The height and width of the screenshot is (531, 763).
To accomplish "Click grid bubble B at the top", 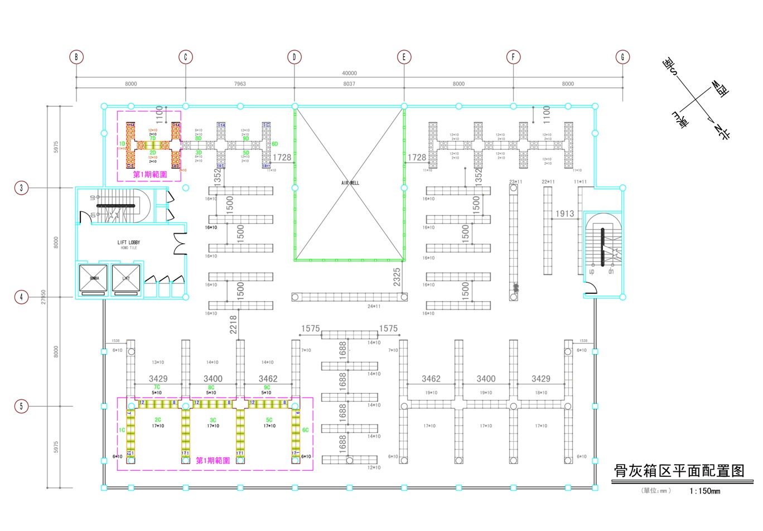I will point(76,57).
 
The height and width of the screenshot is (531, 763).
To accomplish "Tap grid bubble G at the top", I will point(622,57).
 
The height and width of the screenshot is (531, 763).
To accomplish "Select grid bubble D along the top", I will point(294,57).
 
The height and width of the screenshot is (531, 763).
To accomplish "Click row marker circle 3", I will point(22,188).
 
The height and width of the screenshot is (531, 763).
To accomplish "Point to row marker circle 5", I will point(22,406).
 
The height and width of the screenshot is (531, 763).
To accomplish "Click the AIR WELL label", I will point(350,183).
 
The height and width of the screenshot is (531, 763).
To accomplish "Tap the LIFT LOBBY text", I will point(129,243).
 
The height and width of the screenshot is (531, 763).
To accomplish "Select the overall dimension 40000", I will point(350,73).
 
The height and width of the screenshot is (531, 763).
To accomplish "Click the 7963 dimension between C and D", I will point(240,84).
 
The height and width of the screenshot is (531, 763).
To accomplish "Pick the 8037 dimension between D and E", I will point(349,84).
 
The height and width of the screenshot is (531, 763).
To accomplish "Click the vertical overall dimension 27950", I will point(44,297).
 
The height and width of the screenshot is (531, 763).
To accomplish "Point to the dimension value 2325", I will point(397,277).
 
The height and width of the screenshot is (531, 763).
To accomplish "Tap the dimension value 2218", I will point(233,325).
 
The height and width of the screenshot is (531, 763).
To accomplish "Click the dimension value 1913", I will point(564,214).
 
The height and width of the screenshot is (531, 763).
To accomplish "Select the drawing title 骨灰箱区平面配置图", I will point(679,471).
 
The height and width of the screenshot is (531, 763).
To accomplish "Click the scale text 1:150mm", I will point(704,491).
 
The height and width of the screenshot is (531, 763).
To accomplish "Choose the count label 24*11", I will point(374,306).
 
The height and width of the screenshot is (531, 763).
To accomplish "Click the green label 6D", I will point(274,144).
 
